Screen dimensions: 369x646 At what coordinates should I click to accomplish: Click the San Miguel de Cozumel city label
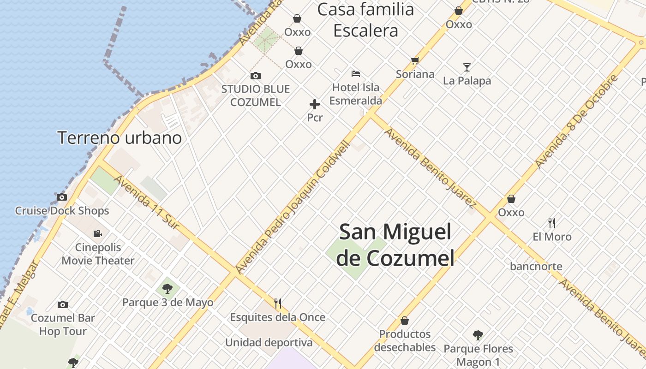tap(395, 244)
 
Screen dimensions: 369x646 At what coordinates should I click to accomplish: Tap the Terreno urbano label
tap(120, 137)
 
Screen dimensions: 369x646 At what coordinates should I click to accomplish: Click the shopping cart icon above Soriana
tap(415, 60)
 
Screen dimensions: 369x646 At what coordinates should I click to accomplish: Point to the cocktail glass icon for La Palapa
tap(467, 67)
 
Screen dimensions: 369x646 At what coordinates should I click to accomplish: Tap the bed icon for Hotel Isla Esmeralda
tap(355, 73)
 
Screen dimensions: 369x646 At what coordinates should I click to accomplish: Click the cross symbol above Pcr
tap(315, 104)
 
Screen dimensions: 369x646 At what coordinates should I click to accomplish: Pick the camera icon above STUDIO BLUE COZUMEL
tap(255, 76)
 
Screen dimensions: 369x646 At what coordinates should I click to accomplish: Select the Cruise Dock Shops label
tap(62, 211)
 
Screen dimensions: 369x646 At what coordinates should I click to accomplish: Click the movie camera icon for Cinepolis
tap(97, 233)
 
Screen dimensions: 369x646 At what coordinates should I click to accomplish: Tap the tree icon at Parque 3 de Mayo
tap(167, 289)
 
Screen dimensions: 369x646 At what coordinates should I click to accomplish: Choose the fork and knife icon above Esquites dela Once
tap(278, 303)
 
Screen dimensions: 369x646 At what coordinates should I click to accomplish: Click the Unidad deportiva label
tap(269, 343)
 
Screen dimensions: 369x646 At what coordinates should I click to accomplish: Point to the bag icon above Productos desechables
tap(405, 320)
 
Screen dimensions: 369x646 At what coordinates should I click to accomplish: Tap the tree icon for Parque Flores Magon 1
tap(478, 335)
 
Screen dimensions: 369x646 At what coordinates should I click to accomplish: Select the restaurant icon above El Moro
tap(552, 223)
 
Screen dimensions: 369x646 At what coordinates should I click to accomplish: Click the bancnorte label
tap(536, 266)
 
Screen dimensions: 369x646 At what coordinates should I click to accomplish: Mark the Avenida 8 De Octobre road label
tap(576, 121)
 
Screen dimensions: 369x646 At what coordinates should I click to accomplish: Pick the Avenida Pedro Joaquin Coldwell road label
tap(293, 206)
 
